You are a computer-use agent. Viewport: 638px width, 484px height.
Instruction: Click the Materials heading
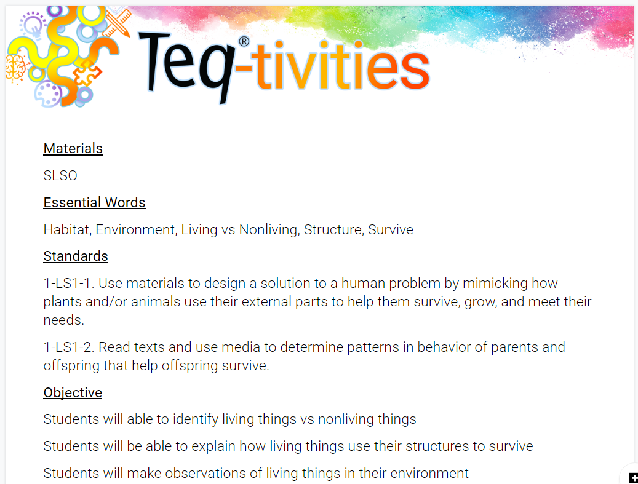tap(73, 148)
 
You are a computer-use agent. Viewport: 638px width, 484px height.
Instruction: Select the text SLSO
tap(60, 175)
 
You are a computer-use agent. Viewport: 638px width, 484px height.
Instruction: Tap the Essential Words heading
tap(94, 202)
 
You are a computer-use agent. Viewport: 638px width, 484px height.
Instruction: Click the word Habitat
tap(66, 229)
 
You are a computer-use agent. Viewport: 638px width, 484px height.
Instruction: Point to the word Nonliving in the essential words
tap(268, 230)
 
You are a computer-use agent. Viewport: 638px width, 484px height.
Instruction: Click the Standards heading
tap(76, 256)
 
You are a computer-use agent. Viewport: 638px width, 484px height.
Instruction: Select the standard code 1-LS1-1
tap(67, 283)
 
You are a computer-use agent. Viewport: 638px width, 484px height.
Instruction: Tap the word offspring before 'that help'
tap(73, 366)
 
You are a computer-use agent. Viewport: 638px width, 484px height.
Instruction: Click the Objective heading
tap(73, 392)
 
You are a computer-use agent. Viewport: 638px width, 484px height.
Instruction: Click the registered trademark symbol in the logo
tap(244, 41)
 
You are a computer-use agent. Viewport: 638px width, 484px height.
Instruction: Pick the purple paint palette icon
tap(48, 94)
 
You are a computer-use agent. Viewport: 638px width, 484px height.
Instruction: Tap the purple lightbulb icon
tap(33, 25)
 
